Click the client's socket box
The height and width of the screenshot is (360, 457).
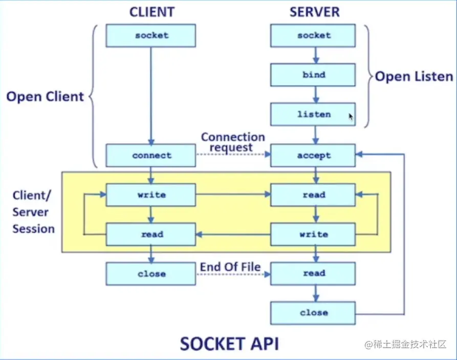(151, 35)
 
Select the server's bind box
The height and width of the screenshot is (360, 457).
(313, 75)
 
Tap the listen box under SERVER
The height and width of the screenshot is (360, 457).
(313, 114)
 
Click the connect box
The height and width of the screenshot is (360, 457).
(151, 155)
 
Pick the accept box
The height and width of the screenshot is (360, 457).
(313, 155)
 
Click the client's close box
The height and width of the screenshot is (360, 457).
(151, 273)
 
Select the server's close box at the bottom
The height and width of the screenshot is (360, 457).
(313, 312)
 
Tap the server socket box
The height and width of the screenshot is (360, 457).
(313, 35)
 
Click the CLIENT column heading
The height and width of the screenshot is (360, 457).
(151, 11)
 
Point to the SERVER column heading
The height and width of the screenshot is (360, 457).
(314, 11)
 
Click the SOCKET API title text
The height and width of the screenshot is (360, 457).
(229, 343)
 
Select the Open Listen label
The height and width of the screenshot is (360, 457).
(414, 77)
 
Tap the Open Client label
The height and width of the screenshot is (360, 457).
(45, 96)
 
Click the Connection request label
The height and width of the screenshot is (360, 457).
(233, 142)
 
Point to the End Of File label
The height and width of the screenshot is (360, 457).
(230, 267)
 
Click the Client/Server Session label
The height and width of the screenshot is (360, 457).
(33, 212)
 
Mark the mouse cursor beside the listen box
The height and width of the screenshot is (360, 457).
(351, 117)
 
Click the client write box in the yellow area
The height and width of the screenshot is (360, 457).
(151, 195)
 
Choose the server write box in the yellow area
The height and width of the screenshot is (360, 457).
(313, 234)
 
